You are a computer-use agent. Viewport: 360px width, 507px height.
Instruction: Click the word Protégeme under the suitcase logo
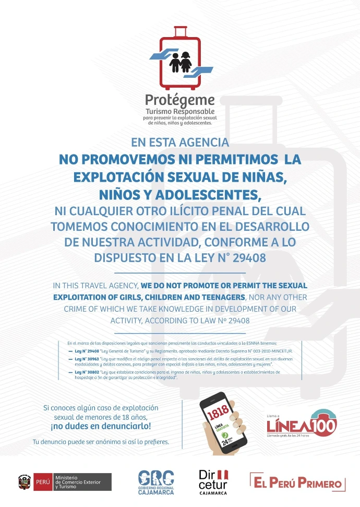(x=180, y=100)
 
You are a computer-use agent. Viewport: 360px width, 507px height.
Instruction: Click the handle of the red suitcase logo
(x=180, y=31)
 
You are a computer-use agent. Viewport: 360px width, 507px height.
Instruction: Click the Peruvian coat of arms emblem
(x=25, y=481)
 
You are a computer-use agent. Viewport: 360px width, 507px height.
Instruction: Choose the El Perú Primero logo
(x=297, y=482)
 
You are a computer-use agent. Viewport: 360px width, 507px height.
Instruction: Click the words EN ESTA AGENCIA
(x=180, y=142)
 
